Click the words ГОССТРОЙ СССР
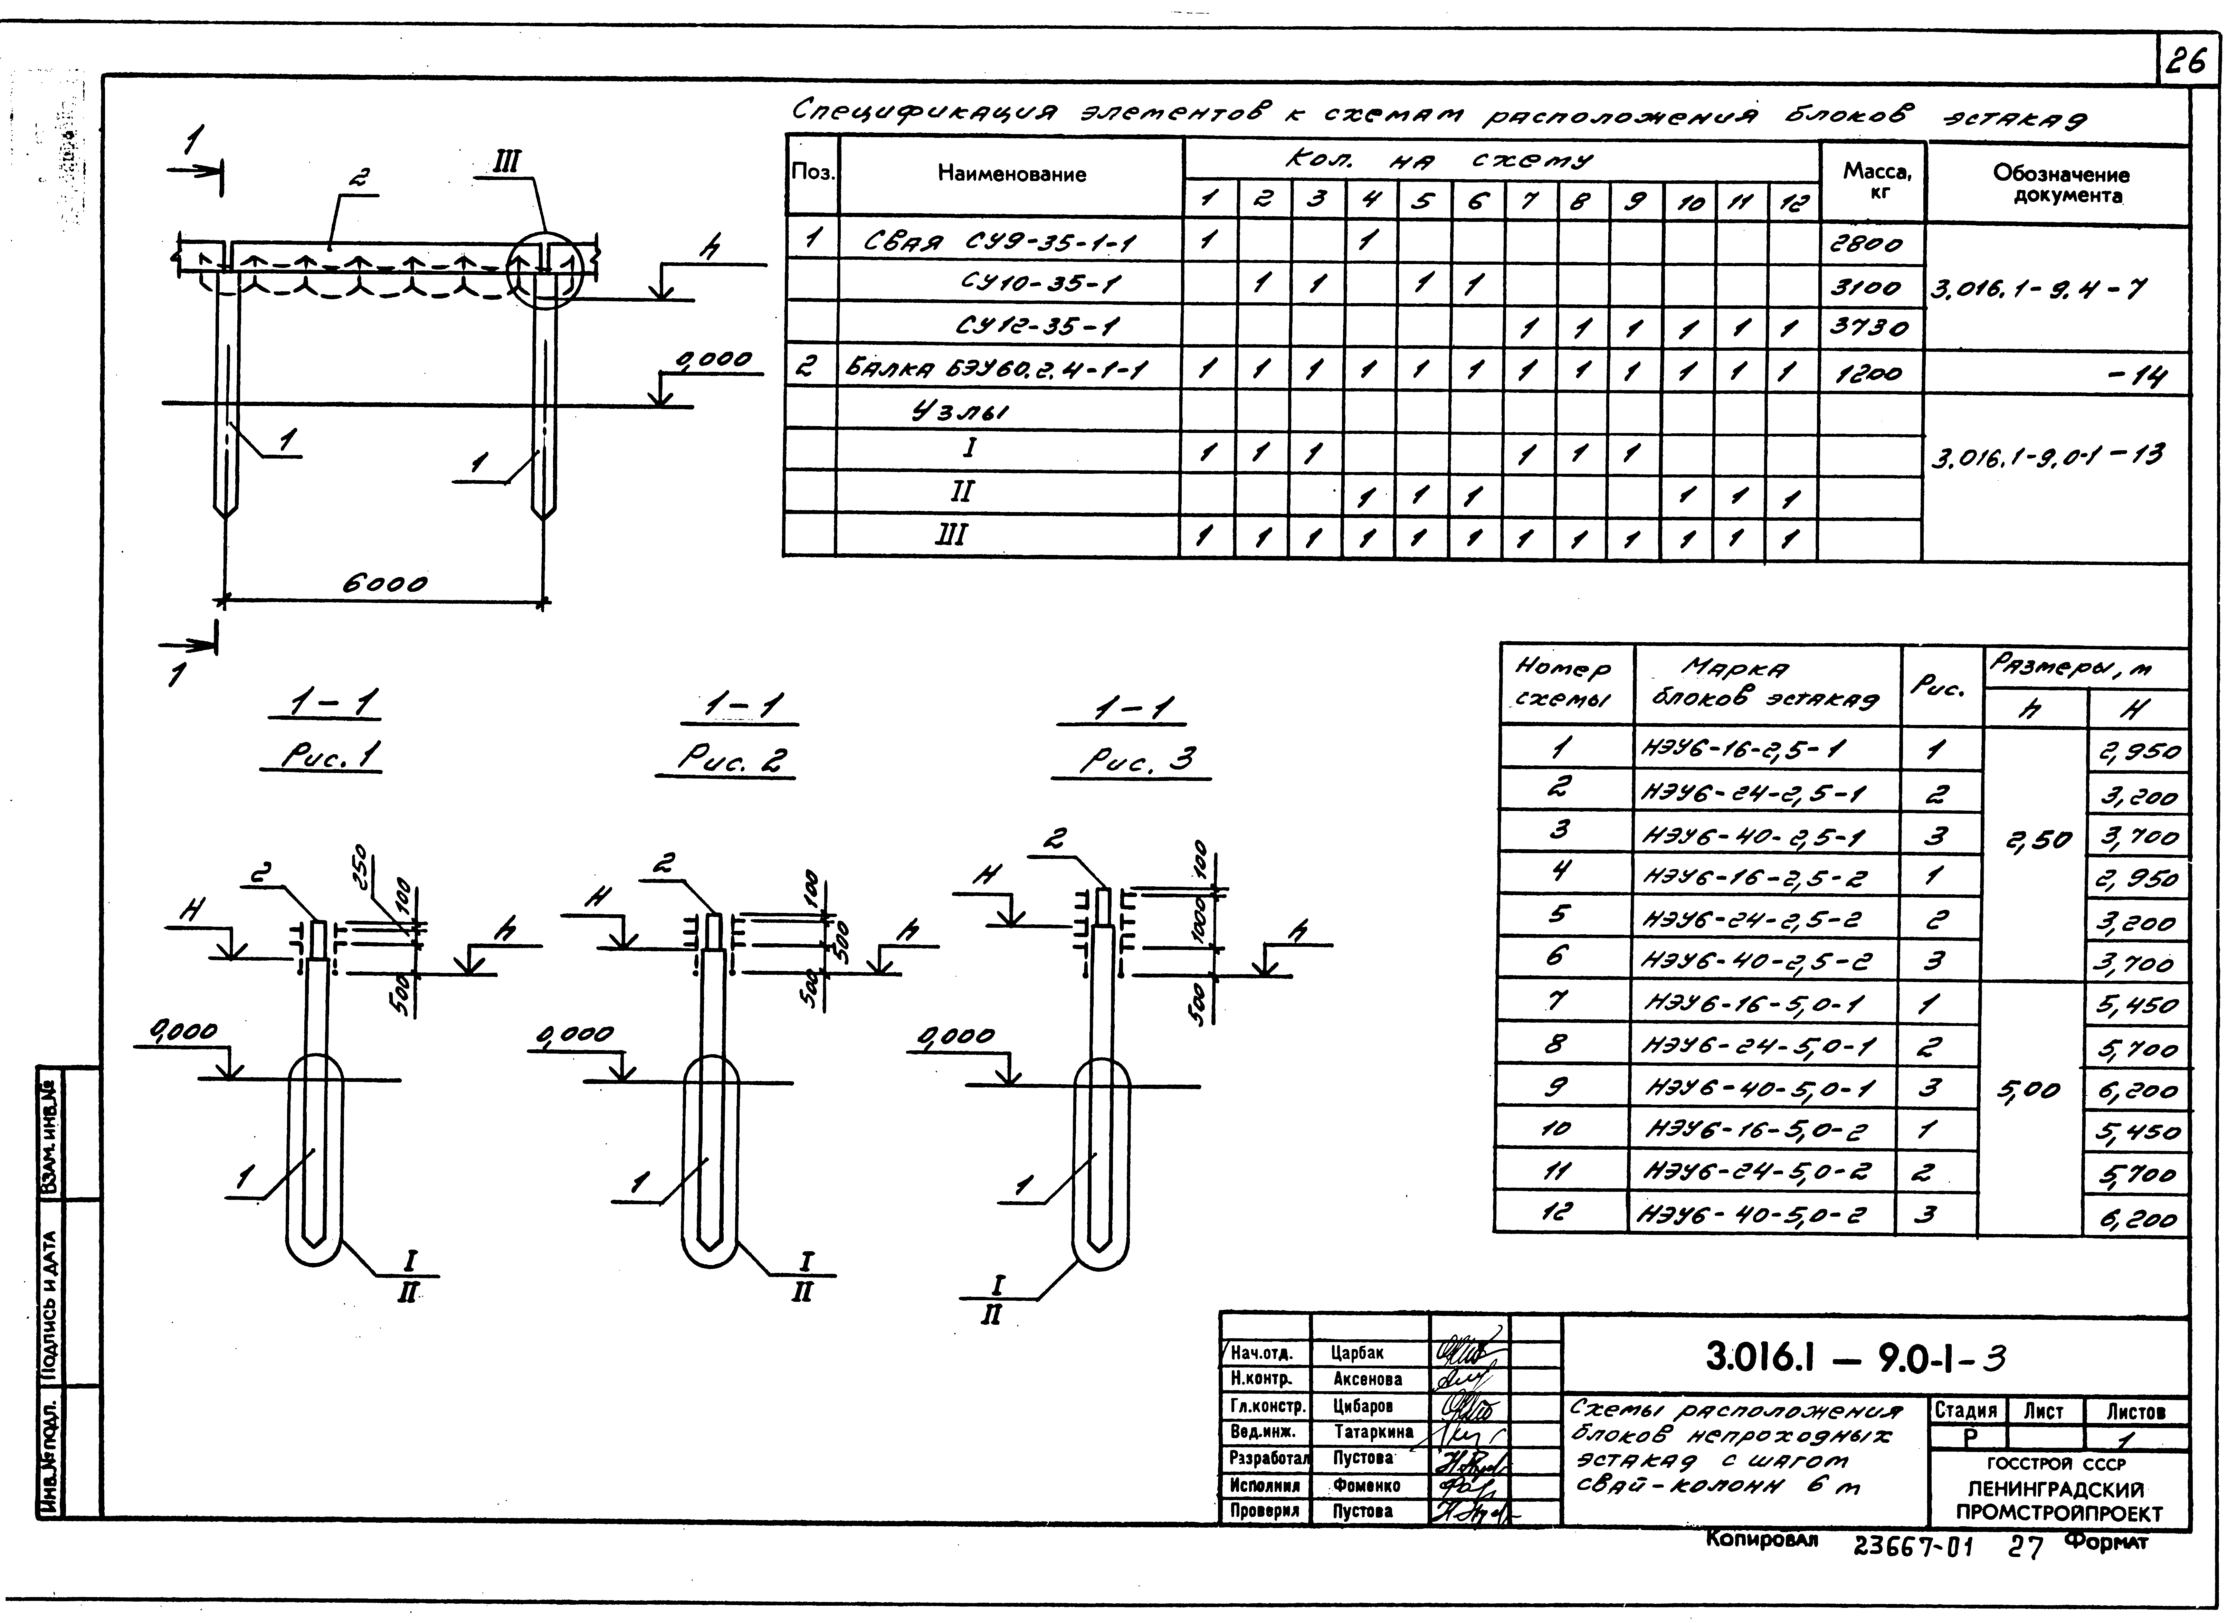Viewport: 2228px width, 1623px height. click(x=2060, y=1464)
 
